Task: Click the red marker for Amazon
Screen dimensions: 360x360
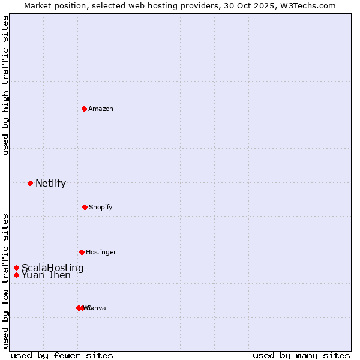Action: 84,109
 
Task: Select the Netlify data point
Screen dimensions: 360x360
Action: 30,183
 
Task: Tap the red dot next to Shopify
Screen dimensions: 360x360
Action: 85,207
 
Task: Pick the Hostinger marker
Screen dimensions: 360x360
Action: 82,252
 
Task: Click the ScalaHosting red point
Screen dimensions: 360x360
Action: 16,268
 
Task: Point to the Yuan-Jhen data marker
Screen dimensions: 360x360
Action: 16,275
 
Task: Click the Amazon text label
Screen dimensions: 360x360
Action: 101,109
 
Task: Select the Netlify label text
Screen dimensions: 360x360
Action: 50,184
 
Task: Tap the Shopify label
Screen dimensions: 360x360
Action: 101,207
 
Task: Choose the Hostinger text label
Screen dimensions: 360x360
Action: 101,252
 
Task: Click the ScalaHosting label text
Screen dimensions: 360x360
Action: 53,268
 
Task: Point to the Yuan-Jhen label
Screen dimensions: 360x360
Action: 46,275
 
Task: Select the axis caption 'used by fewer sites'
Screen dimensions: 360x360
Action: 62,355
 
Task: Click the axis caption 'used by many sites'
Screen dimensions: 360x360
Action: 301,355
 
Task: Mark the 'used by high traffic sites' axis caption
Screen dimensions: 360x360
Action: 5,85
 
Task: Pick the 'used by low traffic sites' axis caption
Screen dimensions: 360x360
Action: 5,281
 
